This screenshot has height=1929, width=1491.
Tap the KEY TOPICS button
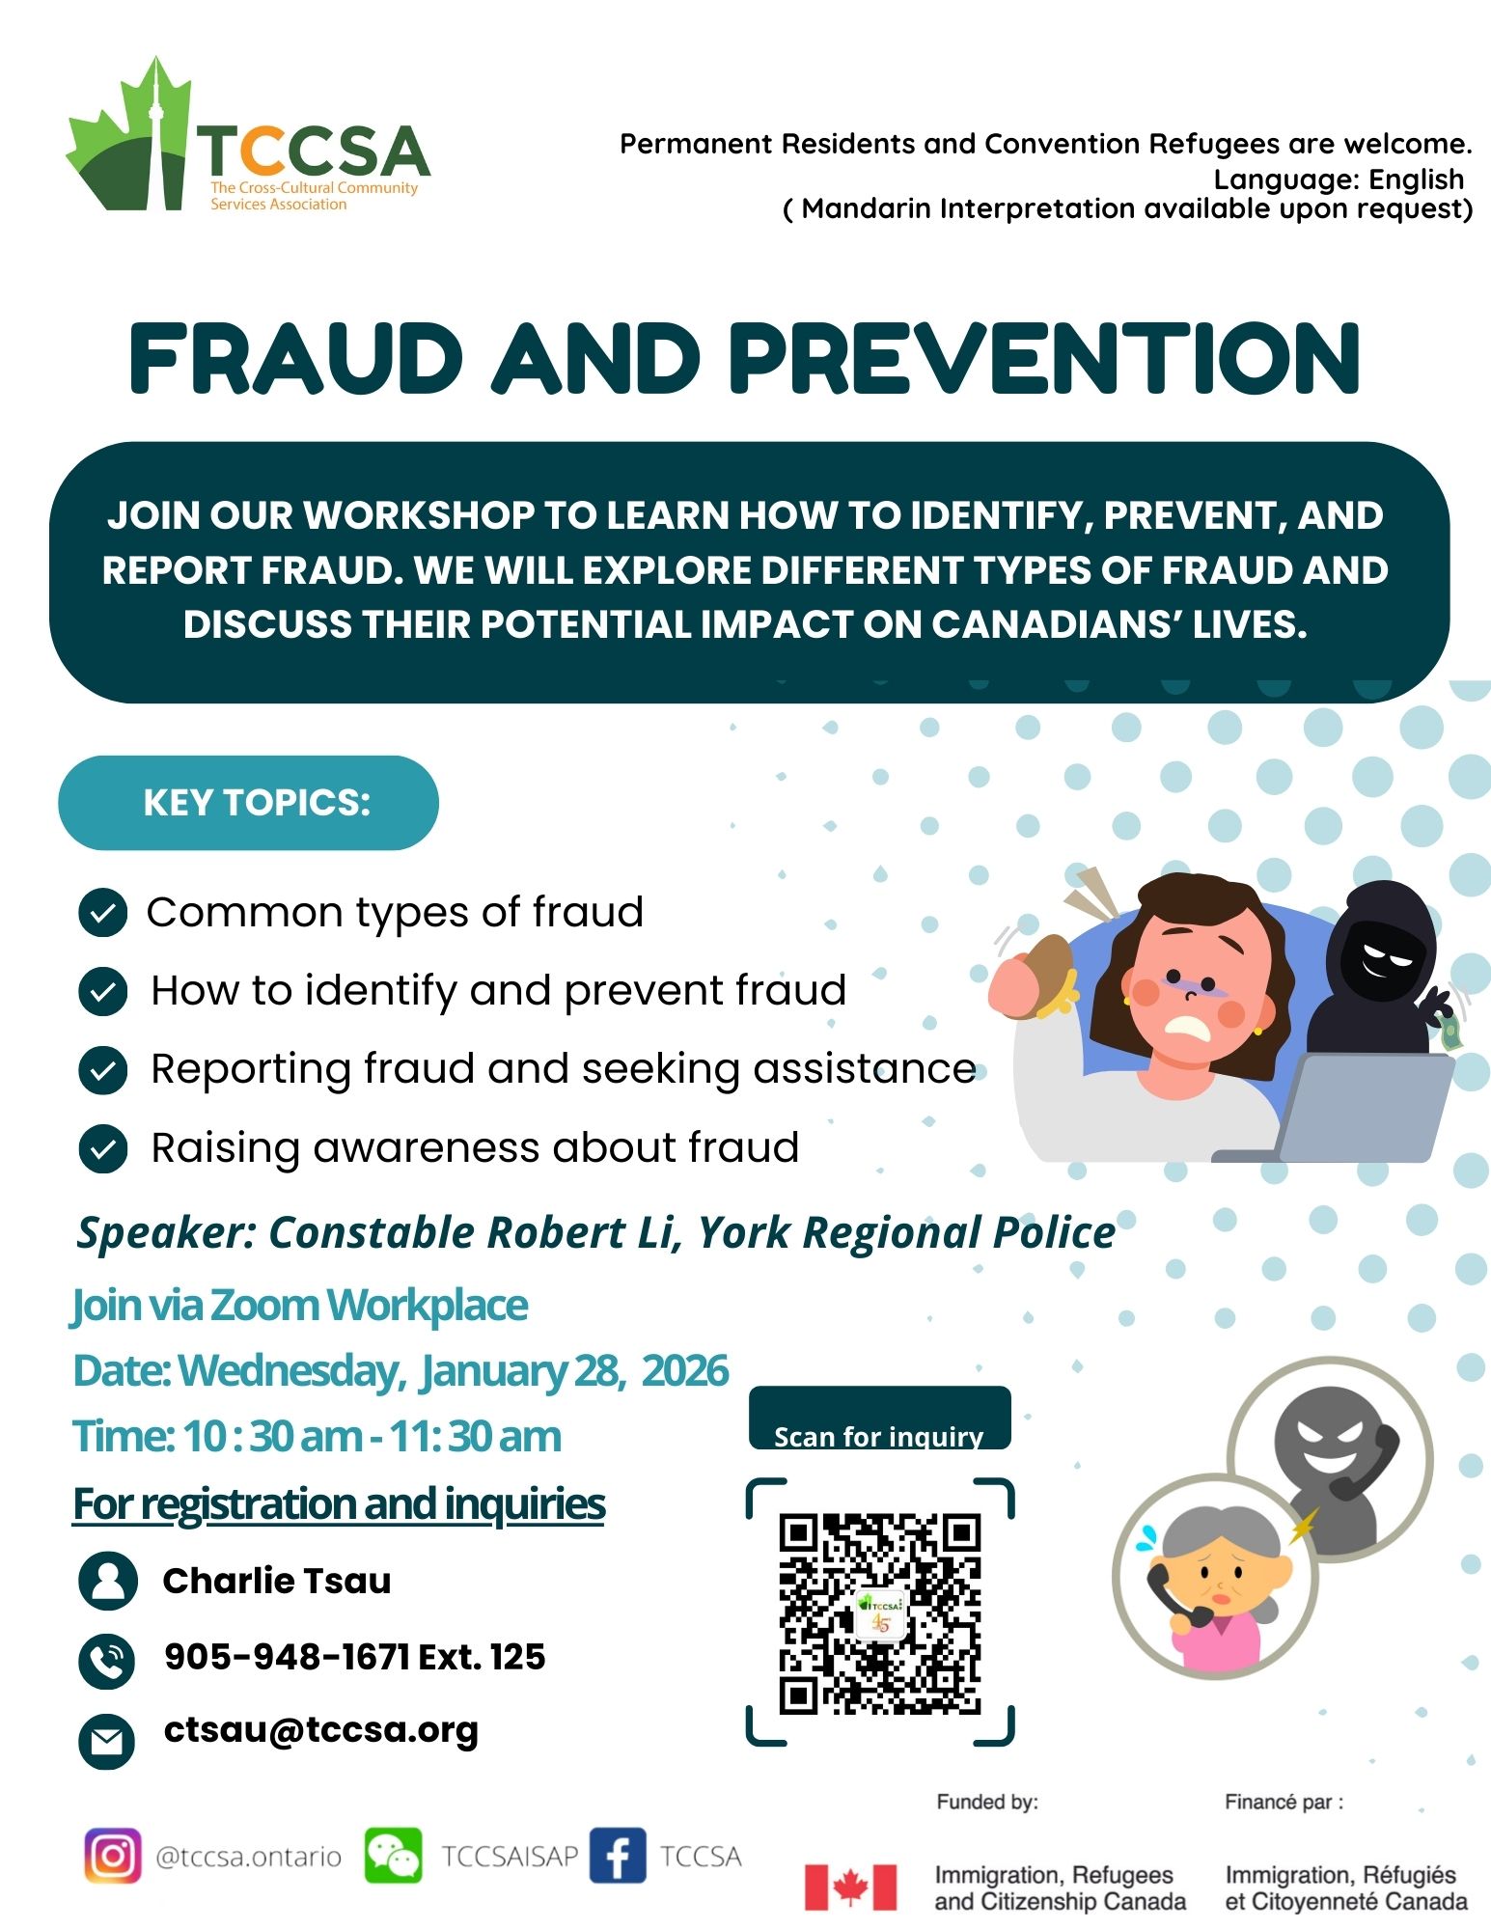pyautogui.click(x=248, y=803)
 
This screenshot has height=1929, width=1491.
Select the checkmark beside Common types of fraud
pyautogui.click(x=102, y=913)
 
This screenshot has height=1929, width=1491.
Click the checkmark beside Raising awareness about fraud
pyautogui.click(x=102, y=1148)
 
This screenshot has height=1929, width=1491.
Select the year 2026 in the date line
pyautogui.click(x=684, y=1370)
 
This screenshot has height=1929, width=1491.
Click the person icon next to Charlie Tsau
pyautogui.click(x=107, y=1581)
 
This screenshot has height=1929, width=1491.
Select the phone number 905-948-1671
pyautogui.click(x=288, y=1657)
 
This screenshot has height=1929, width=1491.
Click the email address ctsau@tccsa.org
pyautogui.click(x=321, y=1730)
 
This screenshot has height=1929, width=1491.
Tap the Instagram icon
pyautogui.click(x=113, y=1856)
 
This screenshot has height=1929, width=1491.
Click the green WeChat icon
pyautogui.click(x=393, y=1856)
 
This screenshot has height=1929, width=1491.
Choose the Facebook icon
pyautogui.click(x=617, y=1856)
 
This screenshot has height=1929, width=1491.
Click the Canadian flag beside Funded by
pyautogui.click(x=850, y=1888)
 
